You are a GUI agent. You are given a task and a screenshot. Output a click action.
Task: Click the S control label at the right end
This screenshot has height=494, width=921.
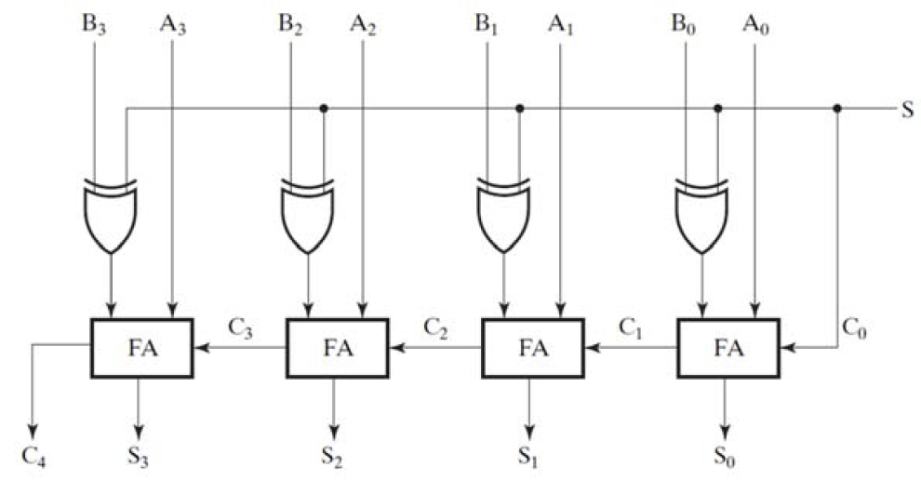[x=906, y=109]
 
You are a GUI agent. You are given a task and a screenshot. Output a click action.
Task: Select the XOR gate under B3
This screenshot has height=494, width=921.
[x=111, y=216]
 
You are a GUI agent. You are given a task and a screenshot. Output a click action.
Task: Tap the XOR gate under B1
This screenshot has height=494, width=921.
[x=503, y=216]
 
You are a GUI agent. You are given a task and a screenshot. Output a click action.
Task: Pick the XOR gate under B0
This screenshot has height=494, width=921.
[x=701, y=216]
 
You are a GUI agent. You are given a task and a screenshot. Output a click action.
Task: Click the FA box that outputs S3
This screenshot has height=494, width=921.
[x=141, y=348]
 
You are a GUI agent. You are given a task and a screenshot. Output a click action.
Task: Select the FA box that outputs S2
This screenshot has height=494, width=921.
[x=337, y=348]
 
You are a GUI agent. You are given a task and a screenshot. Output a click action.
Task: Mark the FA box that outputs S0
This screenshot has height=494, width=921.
[x=728, y=348]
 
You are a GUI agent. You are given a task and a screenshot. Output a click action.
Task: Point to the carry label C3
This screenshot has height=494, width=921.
[x=240, y=327]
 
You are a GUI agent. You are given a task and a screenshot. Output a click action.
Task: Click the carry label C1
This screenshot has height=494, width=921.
[x=633, y=327]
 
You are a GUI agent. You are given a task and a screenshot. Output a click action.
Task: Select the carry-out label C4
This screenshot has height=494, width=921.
[x=34, y=459]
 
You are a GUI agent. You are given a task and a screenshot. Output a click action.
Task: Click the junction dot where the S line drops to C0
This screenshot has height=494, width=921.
[x=837, y=109]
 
